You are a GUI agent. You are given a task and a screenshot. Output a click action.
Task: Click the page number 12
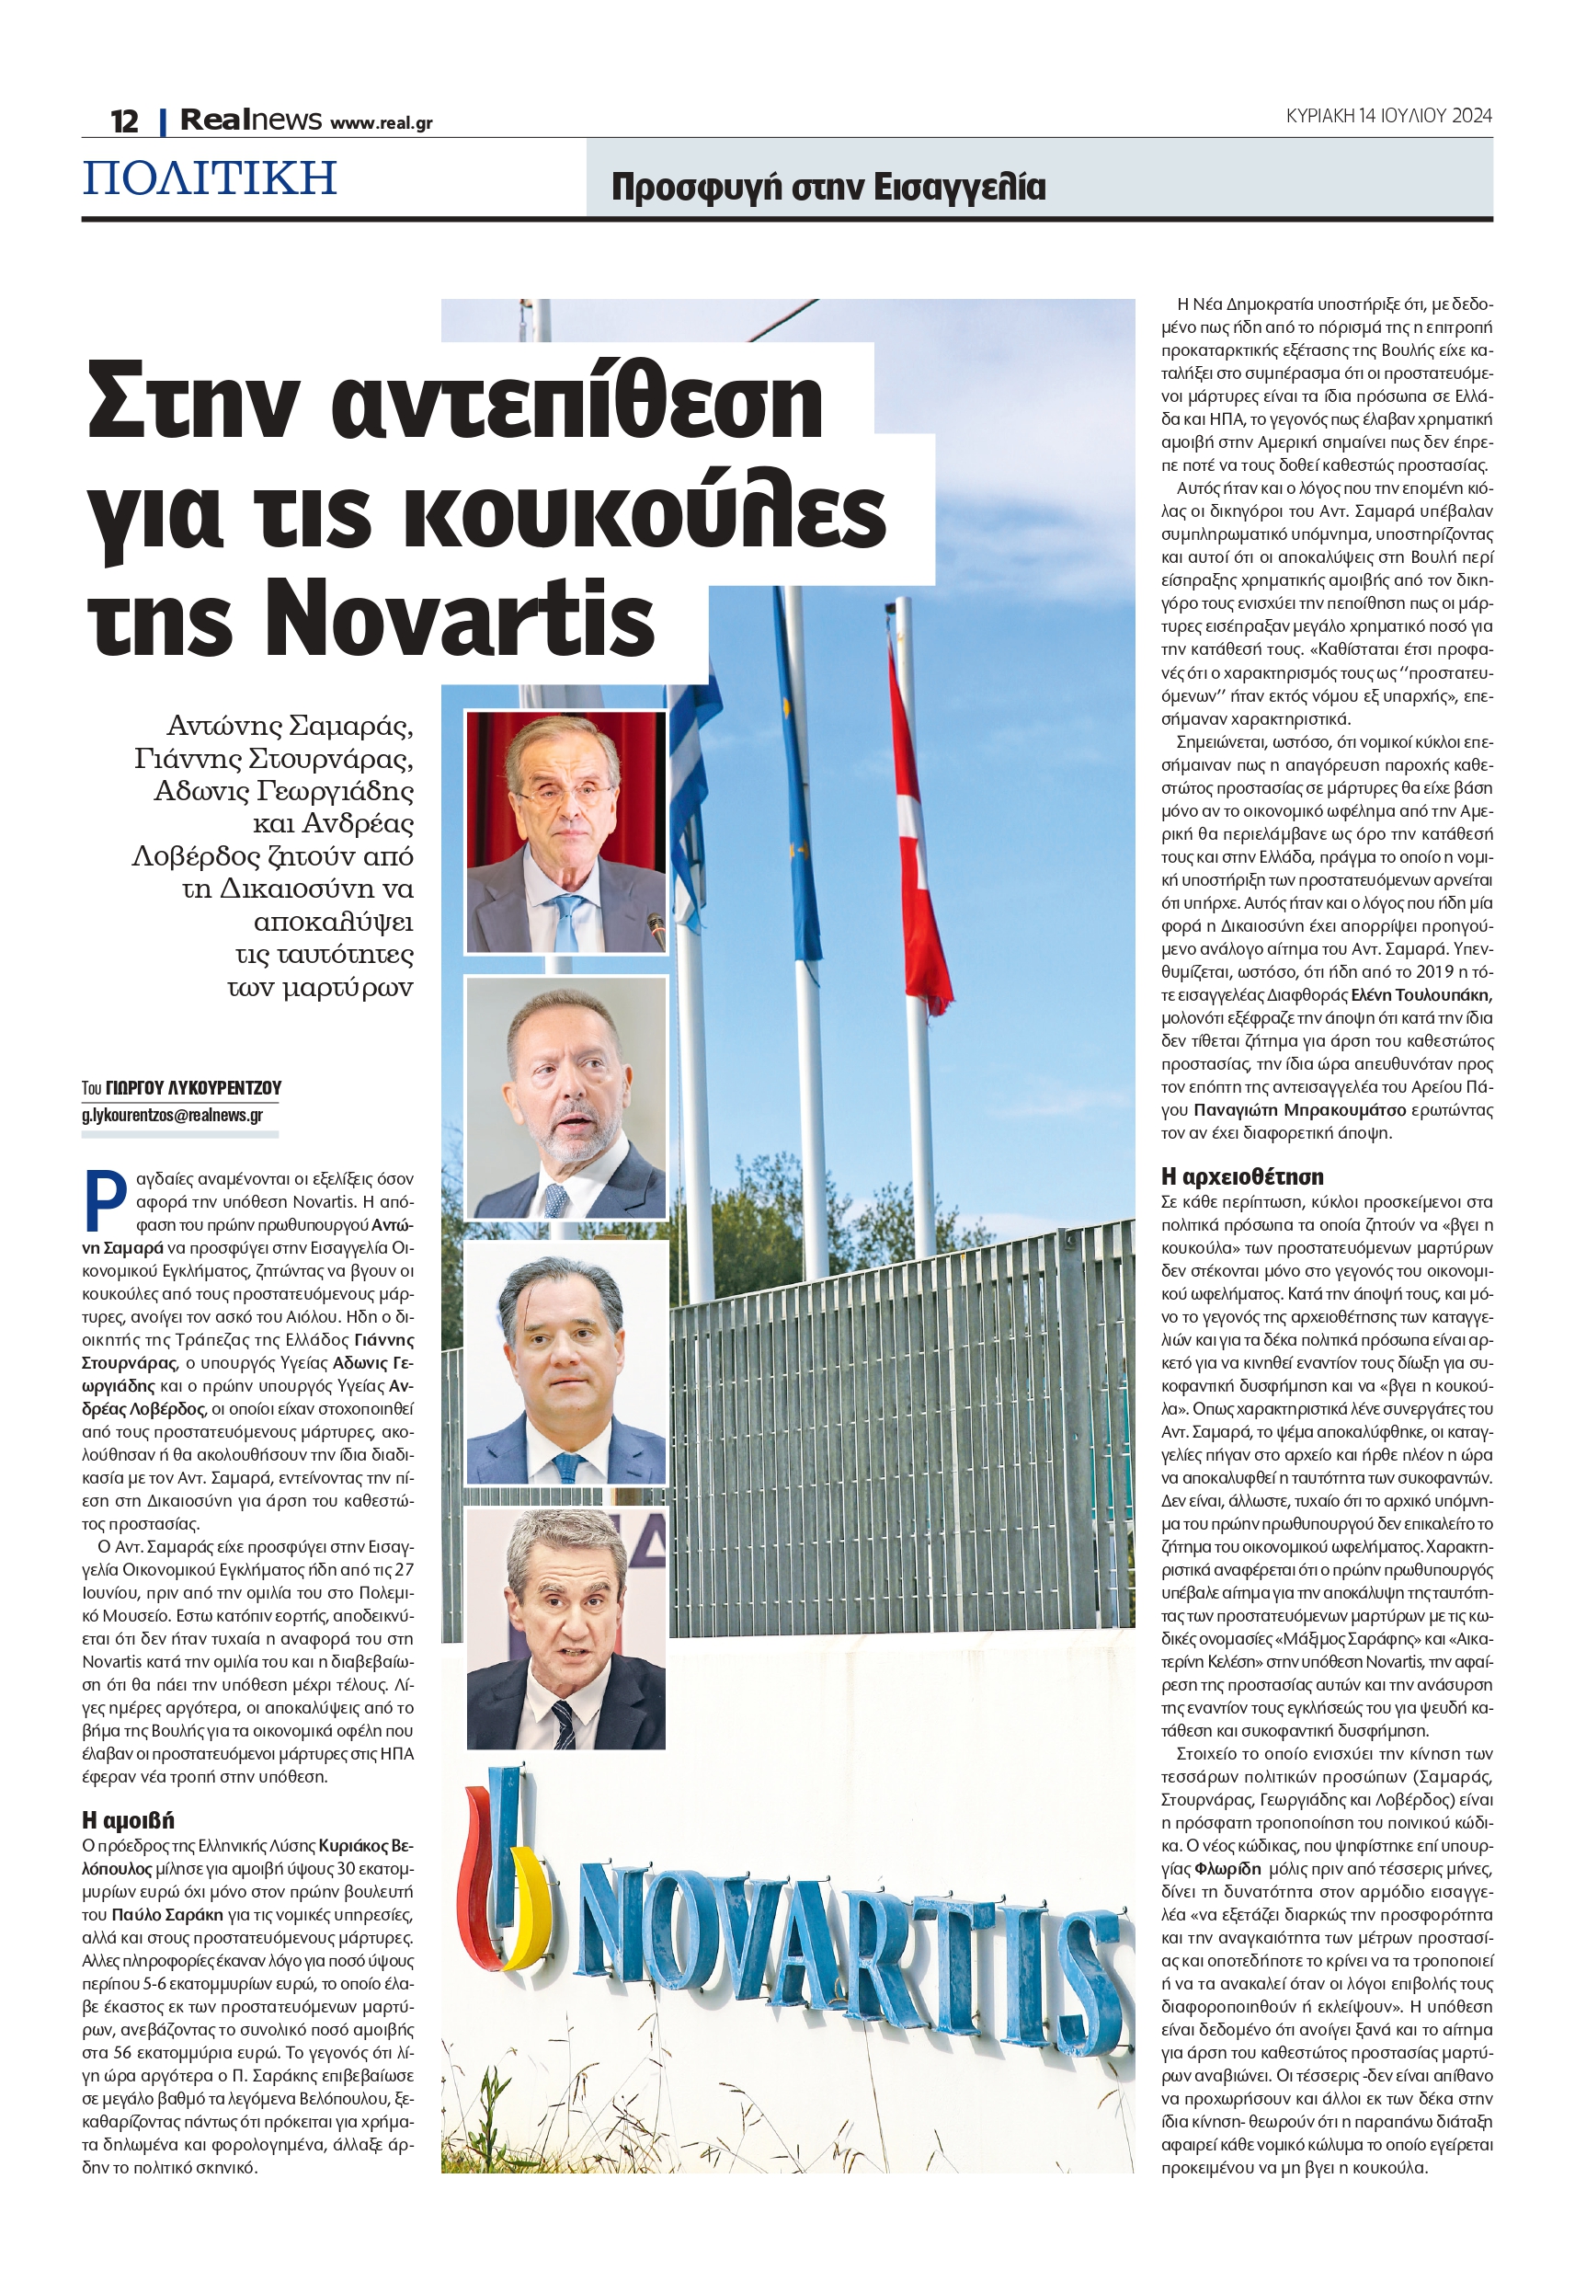pos(124,121)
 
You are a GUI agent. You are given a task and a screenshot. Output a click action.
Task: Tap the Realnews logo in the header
pos(251,120)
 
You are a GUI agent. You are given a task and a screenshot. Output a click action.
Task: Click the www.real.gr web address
pos(381,123)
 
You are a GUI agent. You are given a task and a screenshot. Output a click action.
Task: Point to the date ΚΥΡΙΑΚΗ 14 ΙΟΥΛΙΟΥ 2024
pos(1387,116)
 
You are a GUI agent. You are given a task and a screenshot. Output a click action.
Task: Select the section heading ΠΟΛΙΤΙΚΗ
pos(211,178)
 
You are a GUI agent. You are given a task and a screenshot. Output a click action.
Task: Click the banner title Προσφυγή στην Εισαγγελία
pos(828,187)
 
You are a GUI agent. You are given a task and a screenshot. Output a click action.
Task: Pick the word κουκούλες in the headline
pos(645,513)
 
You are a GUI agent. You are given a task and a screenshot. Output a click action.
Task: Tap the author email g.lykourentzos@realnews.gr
pos(173,1116)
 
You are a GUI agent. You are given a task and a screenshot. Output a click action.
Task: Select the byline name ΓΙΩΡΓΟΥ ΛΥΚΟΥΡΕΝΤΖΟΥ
pos(193,1088)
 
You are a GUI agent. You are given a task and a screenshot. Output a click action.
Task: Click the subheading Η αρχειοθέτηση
pos(1241,1176)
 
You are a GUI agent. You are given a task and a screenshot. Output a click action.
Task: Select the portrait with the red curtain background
pos(565,831)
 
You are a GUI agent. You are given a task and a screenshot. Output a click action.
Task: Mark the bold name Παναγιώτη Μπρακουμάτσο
pos(1300,1110)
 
